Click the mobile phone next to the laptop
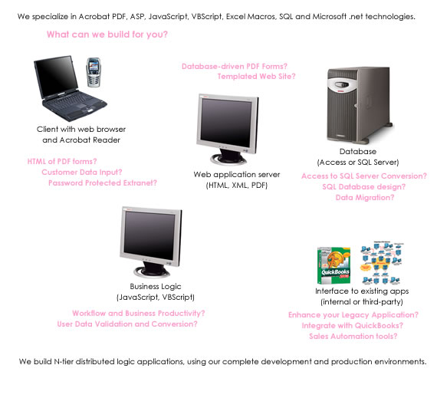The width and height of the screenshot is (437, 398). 94,72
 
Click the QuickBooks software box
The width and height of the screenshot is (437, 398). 333,265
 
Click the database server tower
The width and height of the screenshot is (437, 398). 360,104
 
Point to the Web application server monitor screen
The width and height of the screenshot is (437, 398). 226,123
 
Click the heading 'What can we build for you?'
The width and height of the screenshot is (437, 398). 107,35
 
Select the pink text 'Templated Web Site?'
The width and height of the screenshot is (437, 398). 256,77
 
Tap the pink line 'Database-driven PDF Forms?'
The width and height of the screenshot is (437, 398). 235,66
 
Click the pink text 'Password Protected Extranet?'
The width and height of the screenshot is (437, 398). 103,183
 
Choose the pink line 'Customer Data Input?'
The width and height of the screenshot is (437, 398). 82,173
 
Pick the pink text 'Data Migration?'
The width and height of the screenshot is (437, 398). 365,198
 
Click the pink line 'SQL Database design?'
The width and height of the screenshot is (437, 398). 363,187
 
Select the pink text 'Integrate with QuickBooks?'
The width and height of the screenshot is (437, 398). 353,326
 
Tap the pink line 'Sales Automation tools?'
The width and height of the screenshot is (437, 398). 353,336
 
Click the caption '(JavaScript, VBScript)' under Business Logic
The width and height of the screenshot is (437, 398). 156,297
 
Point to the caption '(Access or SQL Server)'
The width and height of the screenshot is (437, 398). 358,163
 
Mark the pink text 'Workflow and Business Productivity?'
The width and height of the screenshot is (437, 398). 139,314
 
